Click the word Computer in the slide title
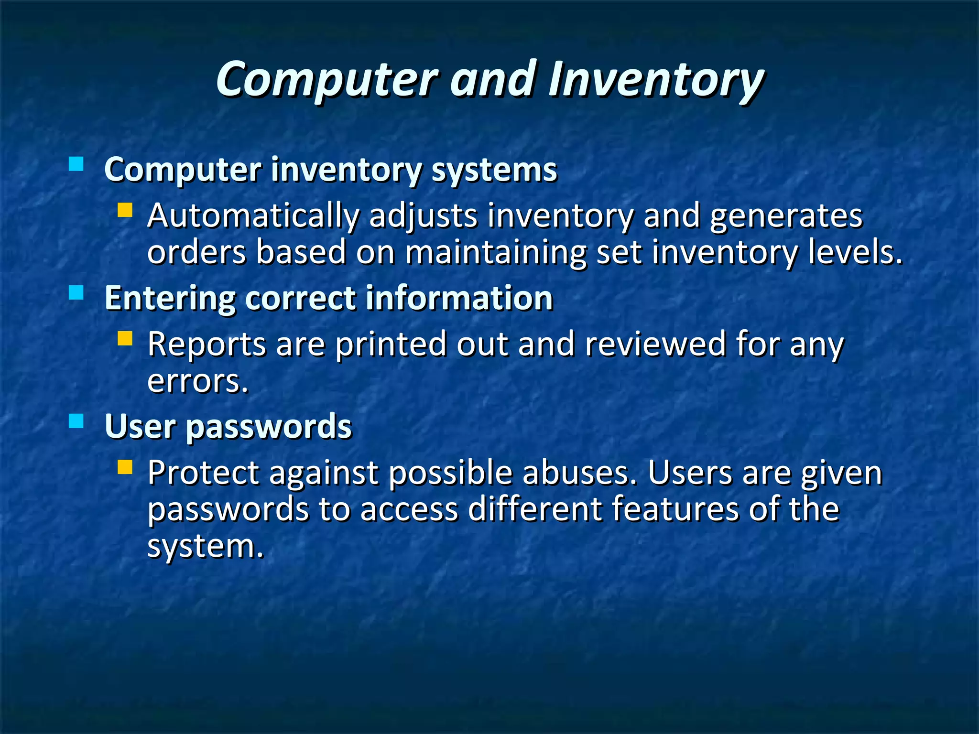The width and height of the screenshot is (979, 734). [327, 80]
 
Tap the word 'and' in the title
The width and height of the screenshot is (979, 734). [492, 79]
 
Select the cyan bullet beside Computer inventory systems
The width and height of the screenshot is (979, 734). [76, 164]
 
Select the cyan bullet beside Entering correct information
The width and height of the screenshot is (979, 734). [76, 292]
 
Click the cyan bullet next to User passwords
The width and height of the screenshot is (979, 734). [76, 421]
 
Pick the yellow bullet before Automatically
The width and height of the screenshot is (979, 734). [125, 210]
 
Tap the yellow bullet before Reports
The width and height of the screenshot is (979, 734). [125, 338]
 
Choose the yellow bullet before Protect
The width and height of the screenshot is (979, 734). [125, 467]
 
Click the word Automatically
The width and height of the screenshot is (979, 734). [253, 216]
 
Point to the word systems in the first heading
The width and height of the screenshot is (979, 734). [494, 171]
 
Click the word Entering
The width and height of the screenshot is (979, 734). [170, 299]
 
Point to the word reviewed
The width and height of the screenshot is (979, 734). [655, 344]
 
